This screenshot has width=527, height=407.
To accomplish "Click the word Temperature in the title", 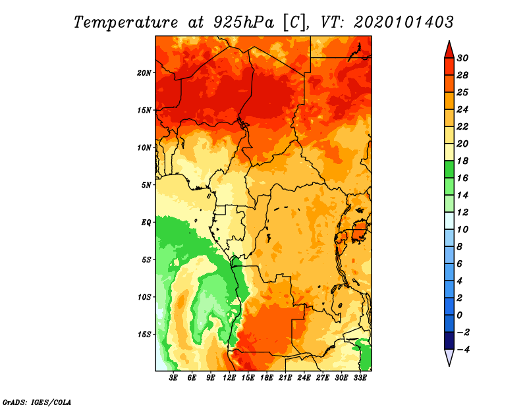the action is coord(126,22).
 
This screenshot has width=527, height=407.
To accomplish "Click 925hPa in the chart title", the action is coord(244,22).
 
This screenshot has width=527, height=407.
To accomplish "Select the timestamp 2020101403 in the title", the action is coord(403,22).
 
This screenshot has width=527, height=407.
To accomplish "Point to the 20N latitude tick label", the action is coord(144,73).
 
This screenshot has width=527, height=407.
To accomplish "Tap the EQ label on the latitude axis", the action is coord(146,223).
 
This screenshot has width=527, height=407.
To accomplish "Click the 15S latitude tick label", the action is coord(144,335).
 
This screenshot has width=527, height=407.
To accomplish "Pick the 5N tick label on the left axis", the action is coord(146,185).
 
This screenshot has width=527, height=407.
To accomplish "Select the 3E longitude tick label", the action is coord(173,377).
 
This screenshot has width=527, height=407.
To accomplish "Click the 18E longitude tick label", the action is coord(267,377).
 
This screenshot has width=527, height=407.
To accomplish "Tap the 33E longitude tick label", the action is coord(360,377).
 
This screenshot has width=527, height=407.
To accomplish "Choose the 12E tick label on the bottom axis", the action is coord(229,377).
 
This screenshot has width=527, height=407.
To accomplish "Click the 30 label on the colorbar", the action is coord(462,58).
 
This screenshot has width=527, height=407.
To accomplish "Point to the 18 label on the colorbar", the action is coord(462,161).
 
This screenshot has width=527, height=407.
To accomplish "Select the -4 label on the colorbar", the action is coord(463,350).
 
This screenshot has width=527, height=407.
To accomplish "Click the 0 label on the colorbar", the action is coord(460,315).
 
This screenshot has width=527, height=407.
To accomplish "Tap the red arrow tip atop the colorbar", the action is coord(449,41).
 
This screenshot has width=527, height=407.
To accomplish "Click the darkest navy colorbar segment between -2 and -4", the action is coord(449,340).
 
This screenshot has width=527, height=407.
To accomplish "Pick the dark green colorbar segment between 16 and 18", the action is coord(449,169).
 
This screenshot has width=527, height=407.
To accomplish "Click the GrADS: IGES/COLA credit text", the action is coord(37,402).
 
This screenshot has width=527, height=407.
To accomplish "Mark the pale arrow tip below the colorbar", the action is coord(449,366).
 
